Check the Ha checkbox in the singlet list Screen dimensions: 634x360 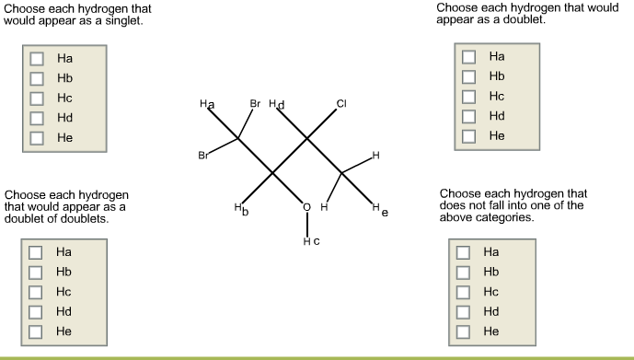37,58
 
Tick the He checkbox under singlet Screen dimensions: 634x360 37,138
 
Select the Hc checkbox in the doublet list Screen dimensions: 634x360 469,96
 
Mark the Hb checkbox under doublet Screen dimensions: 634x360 469,75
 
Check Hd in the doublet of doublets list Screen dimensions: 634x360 36,311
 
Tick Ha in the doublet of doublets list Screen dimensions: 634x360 36,251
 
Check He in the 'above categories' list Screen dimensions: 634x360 464,331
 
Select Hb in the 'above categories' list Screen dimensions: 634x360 464,272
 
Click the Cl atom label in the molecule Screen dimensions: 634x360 341,104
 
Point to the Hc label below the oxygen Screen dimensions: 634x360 310,241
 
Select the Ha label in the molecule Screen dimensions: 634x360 207,106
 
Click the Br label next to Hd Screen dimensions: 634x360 255,104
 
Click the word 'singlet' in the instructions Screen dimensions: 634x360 123,19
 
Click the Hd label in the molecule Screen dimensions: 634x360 276,105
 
